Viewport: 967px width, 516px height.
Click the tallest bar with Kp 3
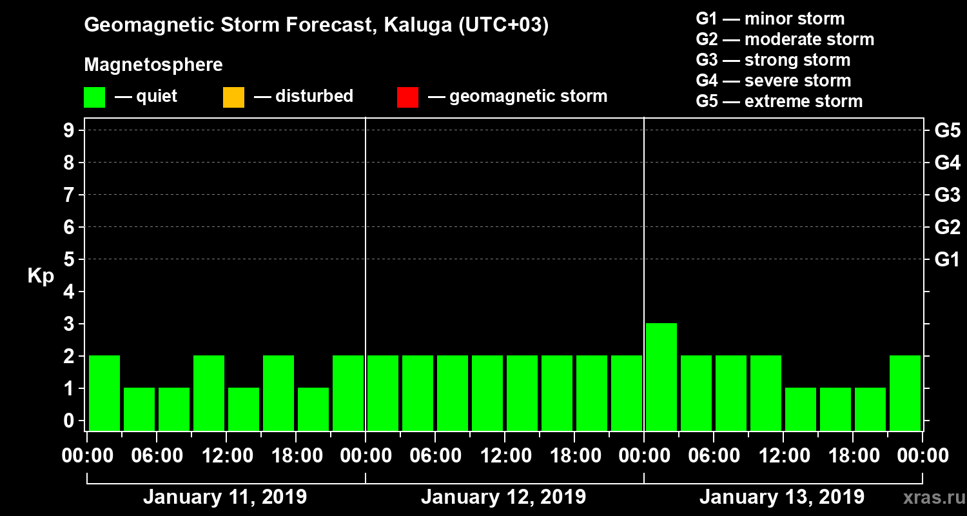coord(661,376)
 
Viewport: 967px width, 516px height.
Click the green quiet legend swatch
coord(94,97)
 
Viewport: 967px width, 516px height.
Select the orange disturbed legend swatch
coord(233,97)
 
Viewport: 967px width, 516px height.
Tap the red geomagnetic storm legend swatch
coord(407,97)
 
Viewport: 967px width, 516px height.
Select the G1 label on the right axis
coord(947,260)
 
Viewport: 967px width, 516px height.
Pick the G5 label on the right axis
coord(947,131)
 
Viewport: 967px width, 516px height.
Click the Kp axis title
coord(41,276)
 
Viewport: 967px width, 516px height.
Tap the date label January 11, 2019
coord(225,497)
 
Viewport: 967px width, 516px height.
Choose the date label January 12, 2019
coord(503,497)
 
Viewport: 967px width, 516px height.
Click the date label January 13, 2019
coord(782,497)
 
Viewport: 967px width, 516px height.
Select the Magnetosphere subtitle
coord(153,65)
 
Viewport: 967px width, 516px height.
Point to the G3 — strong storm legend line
coord(773,60)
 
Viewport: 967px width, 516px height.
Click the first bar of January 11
coord(104,392)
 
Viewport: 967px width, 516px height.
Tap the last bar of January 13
coord(905,392)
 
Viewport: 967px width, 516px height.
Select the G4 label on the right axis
coord(947,163)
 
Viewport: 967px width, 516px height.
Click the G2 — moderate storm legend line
coord(785,39)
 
